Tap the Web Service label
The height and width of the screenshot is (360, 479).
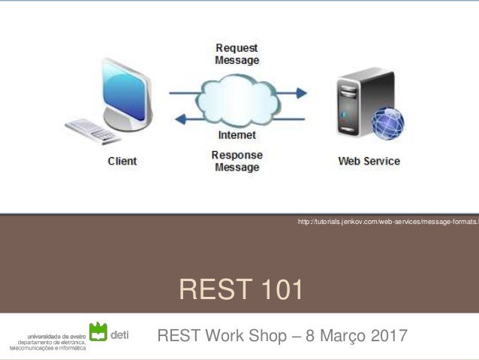click(369, 161)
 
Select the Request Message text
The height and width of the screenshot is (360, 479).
click(236, 54)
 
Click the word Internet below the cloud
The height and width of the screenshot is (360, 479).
click(236, 135)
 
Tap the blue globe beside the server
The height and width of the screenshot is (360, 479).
click(388, 123)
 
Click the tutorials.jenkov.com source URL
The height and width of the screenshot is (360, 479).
click(387, 221)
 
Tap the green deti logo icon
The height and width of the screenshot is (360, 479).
click(98, 331)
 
